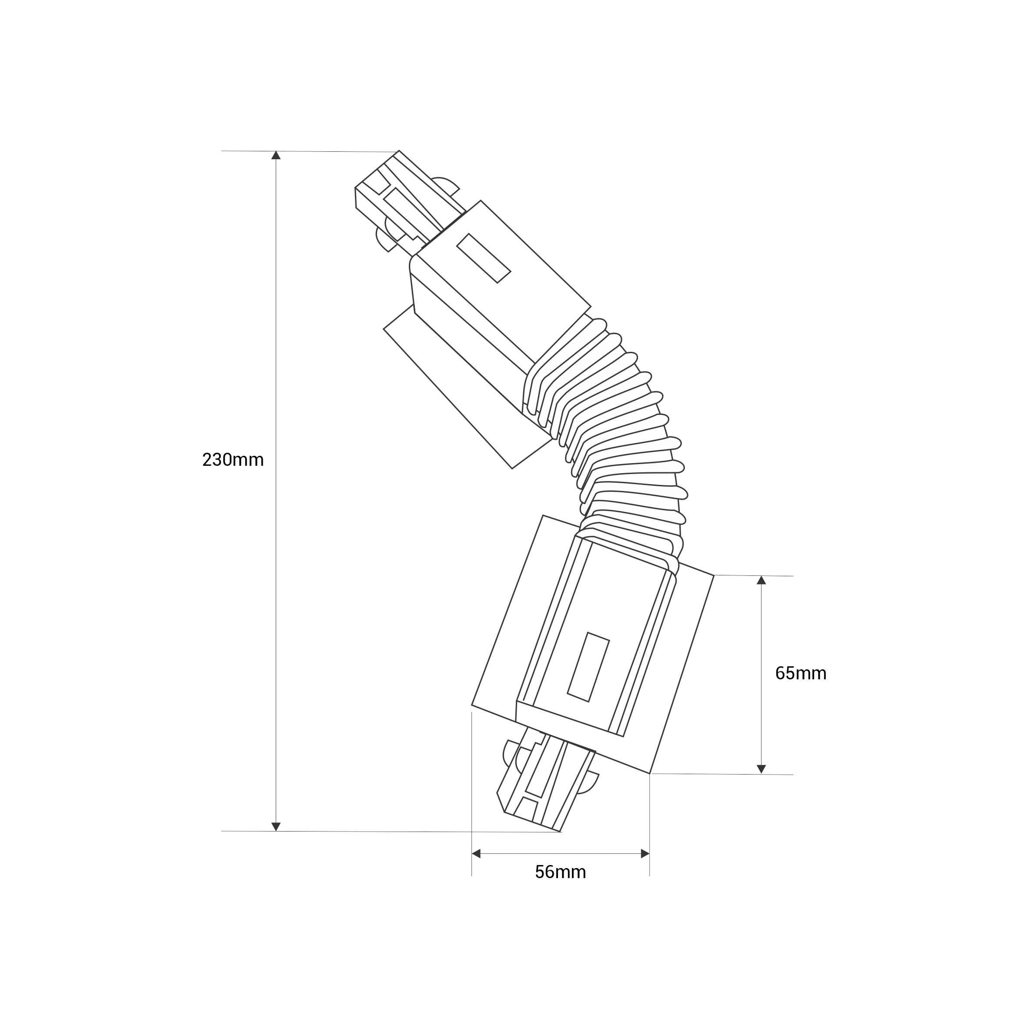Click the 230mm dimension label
tap(233, 460)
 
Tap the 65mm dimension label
tap(801, 673)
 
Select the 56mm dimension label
tap(560, 872)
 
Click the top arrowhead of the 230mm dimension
tap(276, 155)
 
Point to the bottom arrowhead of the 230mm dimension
tap(276, 827)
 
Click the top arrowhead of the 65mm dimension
tap(761, 580)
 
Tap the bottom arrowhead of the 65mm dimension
tap(761, 769)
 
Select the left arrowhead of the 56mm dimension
tap(476, 854)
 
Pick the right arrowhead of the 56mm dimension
tap(645, 854)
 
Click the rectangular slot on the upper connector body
tap(484, 258)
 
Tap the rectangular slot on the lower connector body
tap(588, 667)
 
